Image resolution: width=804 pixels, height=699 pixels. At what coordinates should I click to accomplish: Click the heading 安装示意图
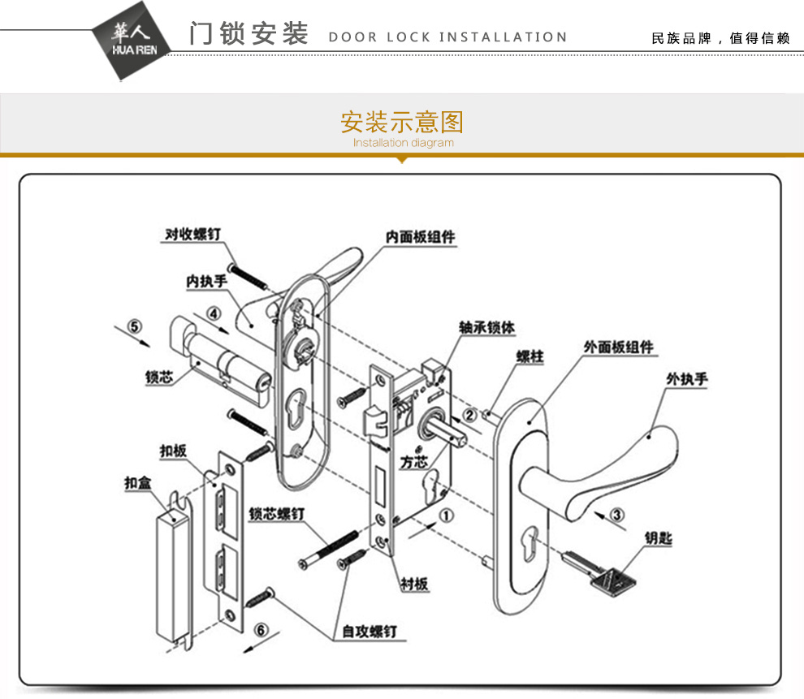coord(401,123)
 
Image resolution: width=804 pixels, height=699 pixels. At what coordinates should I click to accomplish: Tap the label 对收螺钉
coord(192,234)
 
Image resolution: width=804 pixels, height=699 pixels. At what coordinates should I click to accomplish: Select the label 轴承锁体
coord(486,327)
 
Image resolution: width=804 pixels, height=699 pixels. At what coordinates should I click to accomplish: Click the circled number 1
coord(447,513)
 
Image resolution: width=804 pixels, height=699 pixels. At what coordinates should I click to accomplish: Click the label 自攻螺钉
coord(370,631)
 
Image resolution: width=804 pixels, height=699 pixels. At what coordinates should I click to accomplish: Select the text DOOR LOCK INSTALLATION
coord(447,37)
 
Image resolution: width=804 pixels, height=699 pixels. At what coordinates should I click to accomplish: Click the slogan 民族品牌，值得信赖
coord(720,38)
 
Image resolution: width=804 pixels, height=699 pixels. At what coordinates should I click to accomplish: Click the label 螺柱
coord(530,357)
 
